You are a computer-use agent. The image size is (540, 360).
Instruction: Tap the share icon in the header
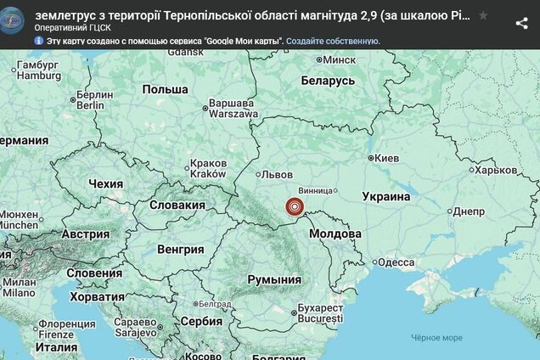point(521,23)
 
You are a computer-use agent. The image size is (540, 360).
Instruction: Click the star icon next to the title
point(483,15)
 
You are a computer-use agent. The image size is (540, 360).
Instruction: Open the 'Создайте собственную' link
point(333,41)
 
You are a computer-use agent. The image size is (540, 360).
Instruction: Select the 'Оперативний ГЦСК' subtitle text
point(73,27)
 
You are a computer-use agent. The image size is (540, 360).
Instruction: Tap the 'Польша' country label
point(165,89)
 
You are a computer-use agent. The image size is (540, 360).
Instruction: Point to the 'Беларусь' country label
point(328,80)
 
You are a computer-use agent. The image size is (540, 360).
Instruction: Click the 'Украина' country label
point(386,196)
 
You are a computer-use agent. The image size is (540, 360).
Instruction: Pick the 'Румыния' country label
point(274,279)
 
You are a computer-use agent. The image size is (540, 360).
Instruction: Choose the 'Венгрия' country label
point(181,250)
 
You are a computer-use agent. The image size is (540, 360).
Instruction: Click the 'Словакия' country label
point(177,205)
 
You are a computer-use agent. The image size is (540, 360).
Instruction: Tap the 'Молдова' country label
point(335,233)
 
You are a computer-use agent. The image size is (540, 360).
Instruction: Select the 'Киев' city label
point(386,158)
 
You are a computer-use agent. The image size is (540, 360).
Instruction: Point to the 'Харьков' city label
point(495,170)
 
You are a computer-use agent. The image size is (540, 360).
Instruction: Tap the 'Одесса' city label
point(396,262)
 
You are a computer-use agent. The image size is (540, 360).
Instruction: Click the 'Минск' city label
point(338,60)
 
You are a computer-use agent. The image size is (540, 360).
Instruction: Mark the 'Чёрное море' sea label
point(436,337)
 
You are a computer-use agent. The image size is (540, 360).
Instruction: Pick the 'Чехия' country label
point(106,183)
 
